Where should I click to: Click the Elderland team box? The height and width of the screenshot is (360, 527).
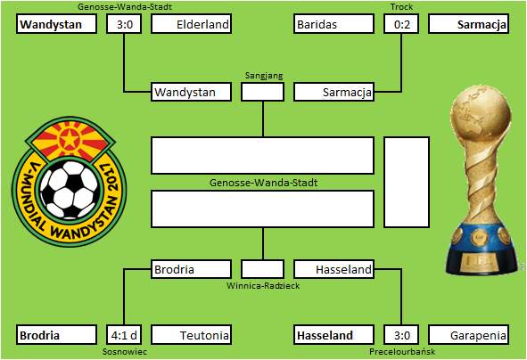click(x=191, y=24)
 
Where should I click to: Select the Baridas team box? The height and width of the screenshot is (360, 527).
click(x=333, y=24)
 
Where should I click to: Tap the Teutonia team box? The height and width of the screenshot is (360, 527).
click(x=191, y=335)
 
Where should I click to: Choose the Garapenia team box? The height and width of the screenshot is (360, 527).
click(x=468, y=335)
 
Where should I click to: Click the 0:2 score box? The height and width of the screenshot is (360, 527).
click(x=401, y=24)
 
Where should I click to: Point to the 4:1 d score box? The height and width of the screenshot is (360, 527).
click(x=124, y=335)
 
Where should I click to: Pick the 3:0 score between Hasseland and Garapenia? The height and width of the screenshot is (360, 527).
click(x=401, y=335)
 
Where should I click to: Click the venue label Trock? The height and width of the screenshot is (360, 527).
click(x=401, y=7)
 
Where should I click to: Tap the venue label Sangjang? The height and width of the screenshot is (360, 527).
click(x=264, y=76)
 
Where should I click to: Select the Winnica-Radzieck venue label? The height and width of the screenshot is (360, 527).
click(x=263, y=286)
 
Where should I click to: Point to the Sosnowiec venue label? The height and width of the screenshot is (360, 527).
click(x=125, y=352)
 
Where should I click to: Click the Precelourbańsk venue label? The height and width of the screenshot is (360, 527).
click(x=402, y=352)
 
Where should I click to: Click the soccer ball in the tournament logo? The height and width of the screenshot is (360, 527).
click(x=70, y=190)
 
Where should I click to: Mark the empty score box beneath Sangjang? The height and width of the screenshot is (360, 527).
click(x=262, y=92)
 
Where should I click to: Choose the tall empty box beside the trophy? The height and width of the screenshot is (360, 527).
click(x=407, y=182)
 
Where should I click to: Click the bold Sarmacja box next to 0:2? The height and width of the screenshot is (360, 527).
click(x=468, y=24)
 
